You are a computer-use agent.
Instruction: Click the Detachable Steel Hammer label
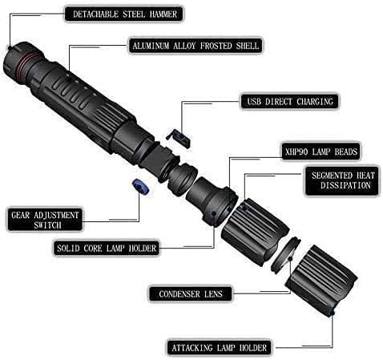pos(124,14)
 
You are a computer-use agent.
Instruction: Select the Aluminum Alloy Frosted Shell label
pos(196,46)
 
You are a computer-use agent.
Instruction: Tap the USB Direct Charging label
pos(290,102)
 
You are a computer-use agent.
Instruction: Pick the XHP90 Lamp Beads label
pos(321,152)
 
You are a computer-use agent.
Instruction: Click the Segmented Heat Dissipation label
pos(342,180)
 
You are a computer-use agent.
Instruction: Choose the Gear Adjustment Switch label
pos(45,220)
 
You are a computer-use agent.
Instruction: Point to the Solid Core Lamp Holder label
pos(107,249)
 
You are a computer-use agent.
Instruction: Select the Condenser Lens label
pos(191,294)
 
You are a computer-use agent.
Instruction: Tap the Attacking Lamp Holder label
pos(220,348)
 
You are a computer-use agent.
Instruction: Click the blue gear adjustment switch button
pos(140,187)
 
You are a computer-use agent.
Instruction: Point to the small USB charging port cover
pos(179,138)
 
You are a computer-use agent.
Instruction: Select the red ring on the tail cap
pos(26,66)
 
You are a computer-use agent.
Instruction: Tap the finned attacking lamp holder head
pos(321,280)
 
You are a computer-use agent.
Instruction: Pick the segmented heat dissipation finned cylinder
pos(254,232)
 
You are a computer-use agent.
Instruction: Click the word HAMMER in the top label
pos(163,14)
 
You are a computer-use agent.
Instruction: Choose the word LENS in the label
pos(213,294)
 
